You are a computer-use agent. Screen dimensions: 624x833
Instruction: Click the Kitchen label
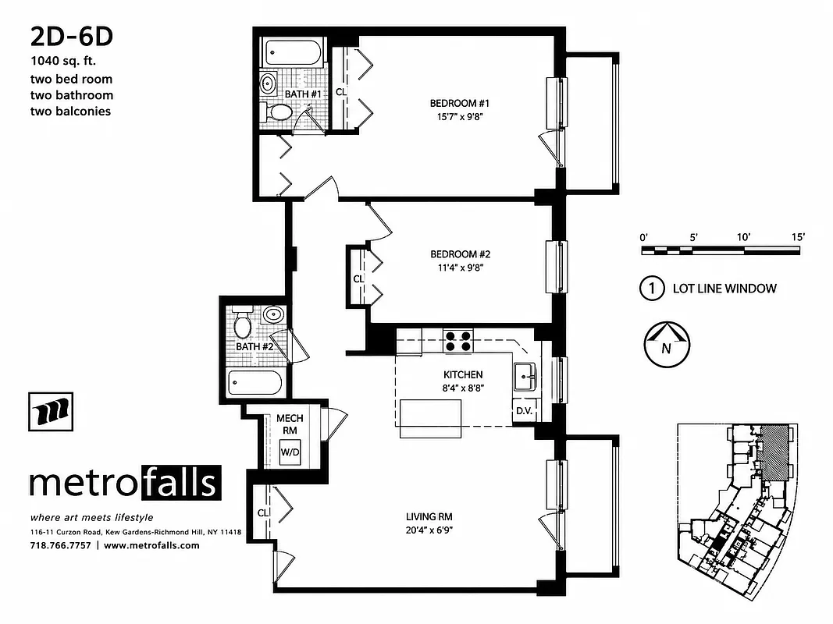(x=463, y=374)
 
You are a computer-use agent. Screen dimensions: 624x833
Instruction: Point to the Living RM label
(x=429, y=516)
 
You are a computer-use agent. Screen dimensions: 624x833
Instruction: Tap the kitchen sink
(x=524, y=378)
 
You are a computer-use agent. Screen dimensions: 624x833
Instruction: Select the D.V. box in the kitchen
(x=522, y=411)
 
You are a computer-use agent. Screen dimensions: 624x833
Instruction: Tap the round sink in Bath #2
(x=273, y=315)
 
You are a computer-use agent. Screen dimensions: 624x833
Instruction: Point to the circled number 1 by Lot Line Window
(x=651, y=289)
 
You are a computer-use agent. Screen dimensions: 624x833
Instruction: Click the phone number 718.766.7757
(x=59, y=545)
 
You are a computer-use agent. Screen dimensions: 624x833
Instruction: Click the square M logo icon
(x=52, y=410)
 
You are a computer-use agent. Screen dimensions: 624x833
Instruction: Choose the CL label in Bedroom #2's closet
(x=358, y=278)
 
